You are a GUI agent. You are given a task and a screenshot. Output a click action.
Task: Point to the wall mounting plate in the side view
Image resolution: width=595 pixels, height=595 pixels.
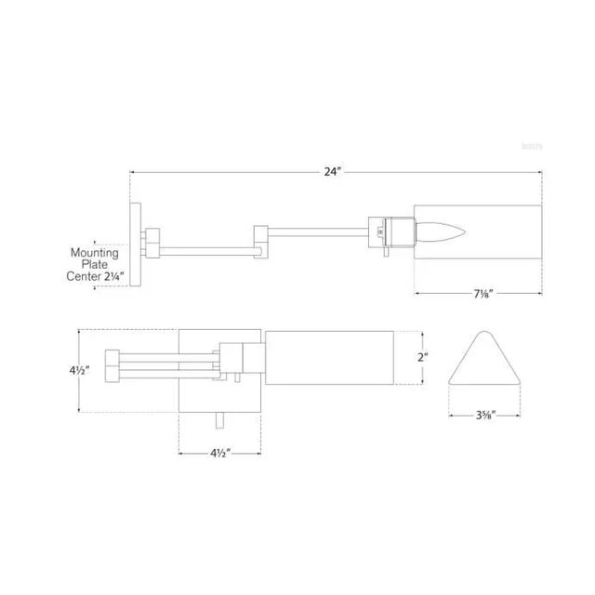[x=135, y=245]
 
